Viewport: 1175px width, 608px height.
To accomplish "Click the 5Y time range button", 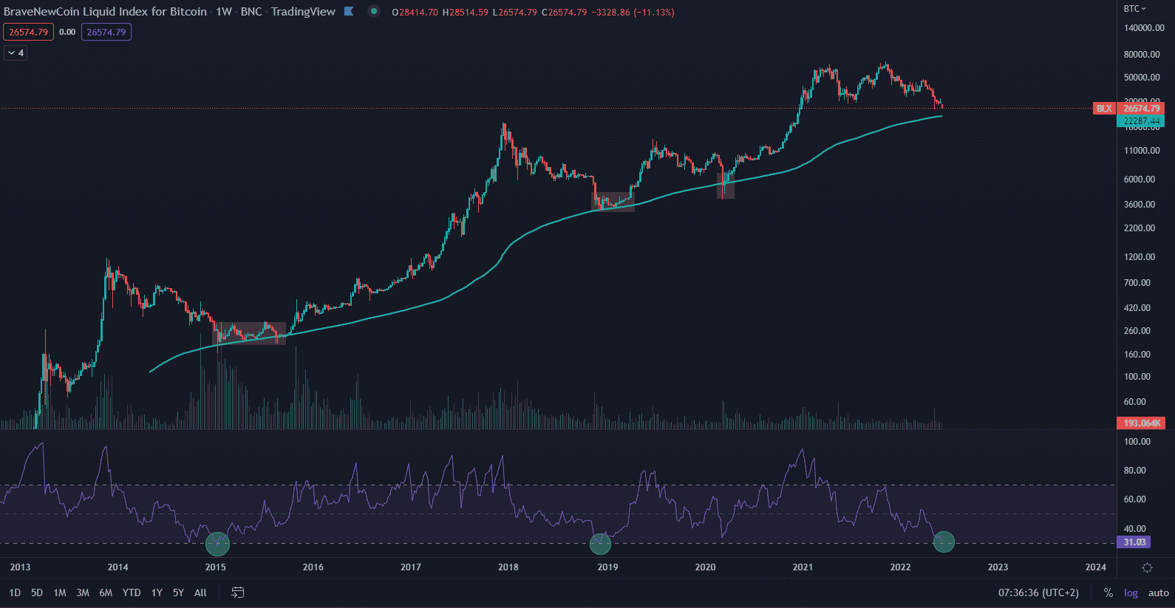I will tap(178, 592).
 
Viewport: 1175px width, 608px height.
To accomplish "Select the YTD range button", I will tap(132, 592).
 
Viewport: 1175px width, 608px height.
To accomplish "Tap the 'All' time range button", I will tap(200, 592).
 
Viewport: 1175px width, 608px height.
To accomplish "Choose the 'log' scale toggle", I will tap(1131, 592).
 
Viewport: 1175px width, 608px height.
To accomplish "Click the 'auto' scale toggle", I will tap(1158, 592).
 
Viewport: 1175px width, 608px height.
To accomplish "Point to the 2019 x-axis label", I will tap(607, 567).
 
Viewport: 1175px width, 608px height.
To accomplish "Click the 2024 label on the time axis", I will tap(1095, 567).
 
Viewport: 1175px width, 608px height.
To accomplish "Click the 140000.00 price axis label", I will tap(1143, 28).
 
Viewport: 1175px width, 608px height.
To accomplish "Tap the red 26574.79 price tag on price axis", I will tap(1142, 109).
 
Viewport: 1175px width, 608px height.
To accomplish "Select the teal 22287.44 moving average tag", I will tap(1142, 120).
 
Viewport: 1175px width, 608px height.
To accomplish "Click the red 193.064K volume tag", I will tap(1142, 423).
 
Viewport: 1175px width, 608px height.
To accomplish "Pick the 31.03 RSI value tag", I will tap(1135, 542).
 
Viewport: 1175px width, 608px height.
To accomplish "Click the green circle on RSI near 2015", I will tap(217, 544).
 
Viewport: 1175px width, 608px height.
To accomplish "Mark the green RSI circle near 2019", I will tap(600, 544).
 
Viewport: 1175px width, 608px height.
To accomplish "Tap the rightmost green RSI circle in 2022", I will tap(944, 542).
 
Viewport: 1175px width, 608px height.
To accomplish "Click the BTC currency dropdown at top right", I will tap(1134, 9).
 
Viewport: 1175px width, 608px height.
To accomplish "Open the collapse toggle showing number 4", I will tap(16, 53).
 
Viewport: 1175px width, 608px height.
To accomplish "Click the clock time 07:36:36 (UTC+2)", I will tap(1038, 592).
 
